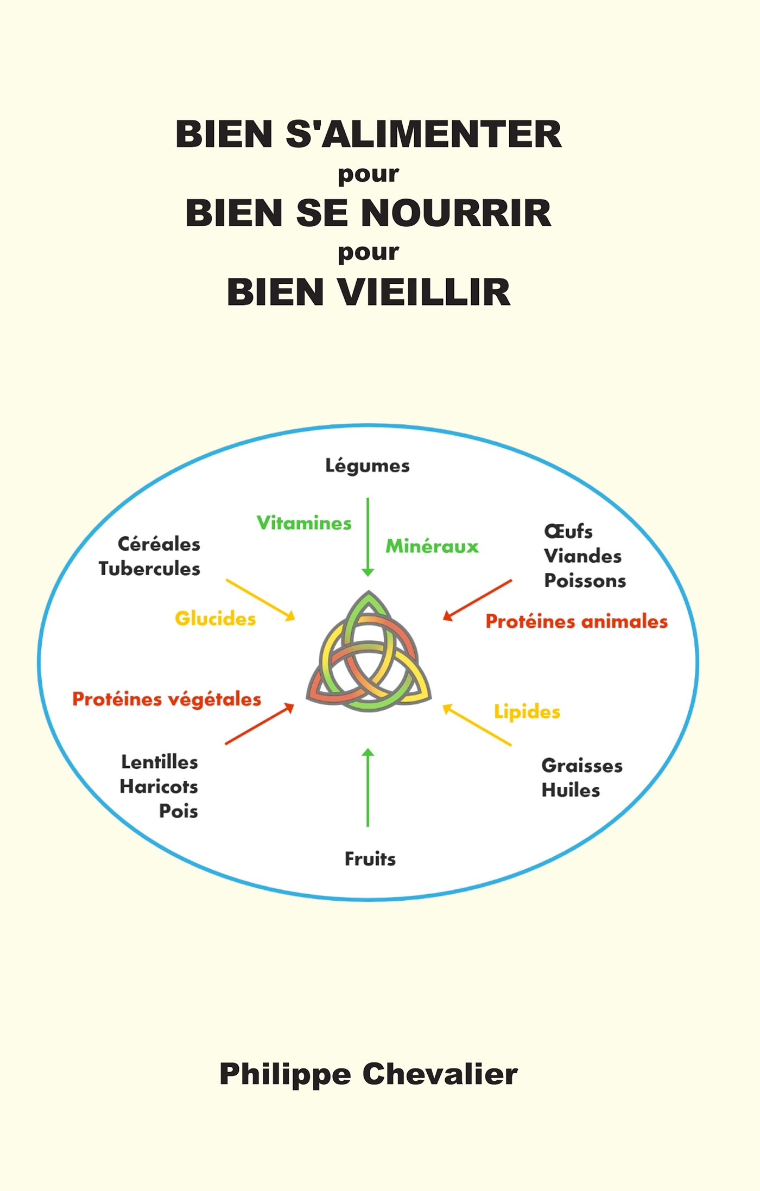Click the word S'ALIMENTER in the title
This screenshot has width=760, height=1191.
click(423, 134)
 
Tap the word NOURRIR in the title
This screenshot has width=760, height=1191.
click(456, 213)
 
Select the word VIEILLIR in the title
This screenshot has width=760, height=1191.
click(425, 292)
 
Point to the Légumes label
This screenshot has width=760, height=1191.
click(368, 466)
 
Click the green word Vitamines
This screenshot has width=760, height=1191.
click(304, 523)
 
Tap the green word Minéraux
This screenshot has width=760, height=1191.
click(432, 546)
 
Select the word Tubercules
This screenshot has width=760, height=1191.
click(149, 569)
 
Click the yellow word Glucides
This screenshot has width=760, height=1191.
click(216, 619)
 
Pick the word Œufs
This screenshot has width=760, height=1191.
click(568, 531)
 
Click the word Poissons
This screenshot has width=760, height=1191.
click(585, 581)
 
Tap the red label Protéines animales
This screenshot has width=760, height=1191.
click(577, 621)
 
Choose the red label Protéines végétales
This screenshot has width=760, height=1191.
click(167, 699)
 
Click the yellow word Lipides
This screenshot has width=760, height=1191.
click(527, 711)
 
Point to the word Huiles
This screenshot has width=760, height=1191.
click(571, 790)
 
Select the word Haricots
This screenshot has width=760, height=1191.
click(159, 786)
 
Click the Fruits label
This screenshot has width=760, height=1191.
click(370, 859)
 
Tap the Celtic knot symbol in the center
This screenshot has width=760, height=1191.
click(369, 654)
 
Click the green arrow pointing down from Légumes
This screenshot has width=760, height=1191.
click(368, 537)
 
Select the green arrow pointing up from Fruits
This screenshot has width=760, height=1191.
click(368, 787)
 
